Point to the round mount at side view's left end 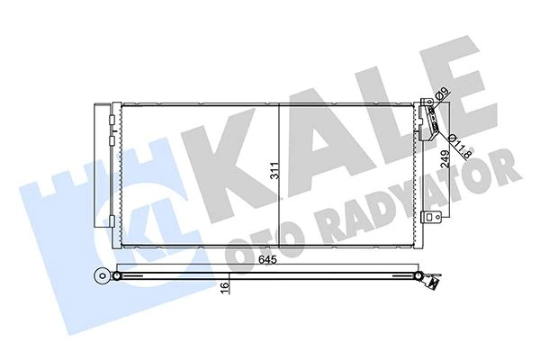98,275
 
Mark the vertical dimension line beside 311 279,175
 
